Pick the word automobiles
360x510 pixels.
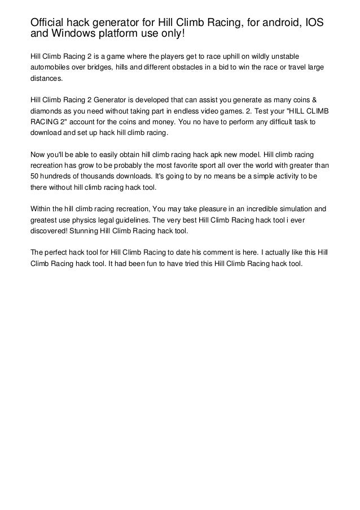(52, 68)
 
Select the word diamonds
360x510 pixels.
(47, 111)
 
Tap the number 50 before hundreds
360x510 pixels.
(34, 176)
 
